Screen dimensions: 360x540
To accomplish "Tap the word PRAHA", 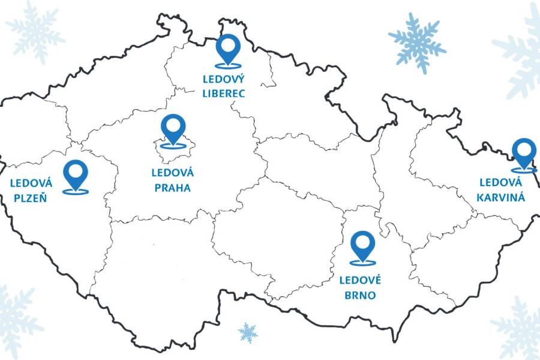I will click(x=172, y=188).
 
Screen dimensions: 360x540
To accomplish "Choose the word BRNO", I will click(x=360, y=295).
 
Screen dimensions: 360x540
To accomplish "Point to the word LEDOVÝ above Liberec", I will click(x=224, y=80).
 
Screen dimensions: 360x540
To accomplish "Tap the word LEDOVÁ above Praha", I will click(x=172, y=173).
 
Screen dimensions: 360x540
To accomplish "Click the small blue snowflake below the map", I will click(x=247, y=332).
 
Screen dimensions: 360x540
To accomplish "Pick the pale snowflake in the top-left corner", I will click(x=35, y=31).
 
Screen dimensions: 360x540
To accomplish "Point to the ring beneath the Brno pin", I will click(x=362, y=262).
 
